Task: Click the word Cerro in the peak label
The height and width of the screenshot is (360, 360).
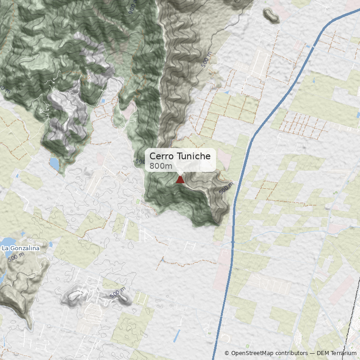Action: point(160,157)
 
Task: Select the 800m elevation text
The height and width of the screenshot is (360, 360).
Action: point(161,166)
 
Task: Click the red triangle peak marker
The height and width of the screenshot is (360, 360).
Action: point(180,180)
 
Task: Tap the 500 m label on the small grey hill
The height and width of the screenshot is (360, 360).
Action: point(117,293)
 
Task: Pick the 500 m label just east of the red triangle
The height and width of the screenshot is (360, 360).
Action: point(225,189)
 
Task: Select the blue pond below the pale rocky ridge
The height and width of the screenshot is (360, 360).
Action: point(54,163)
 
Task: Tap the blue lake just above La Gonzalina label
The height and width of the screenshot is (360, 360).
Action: point(9,242)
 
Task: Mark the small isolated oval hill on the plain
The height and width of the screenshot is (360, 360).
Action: point(271,16)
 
